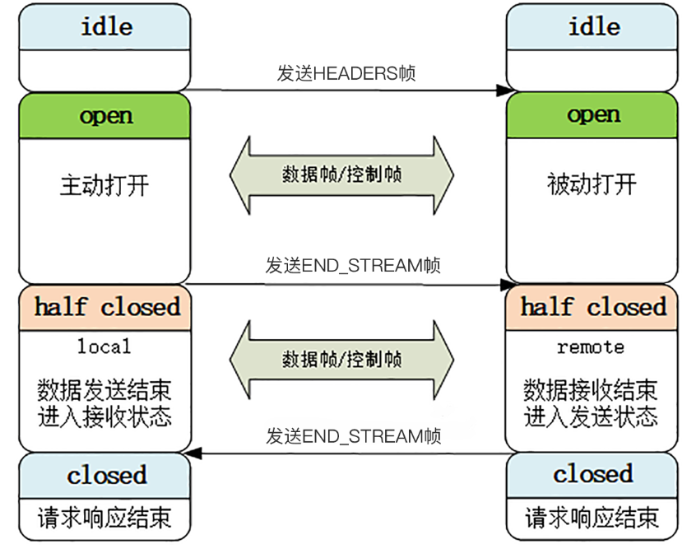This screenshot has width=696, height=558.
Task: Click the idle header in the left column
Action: (x=105, y=26)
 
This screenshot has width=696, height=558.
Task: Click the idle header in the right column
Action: (x=592, y=26)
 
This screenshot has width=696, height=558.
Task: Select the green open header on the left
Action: (x=105, y=115)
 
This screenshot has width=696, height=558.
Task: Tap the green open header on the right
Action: (x=592, y=115)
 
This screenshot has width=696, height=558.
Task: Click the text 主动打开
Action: (x=104, y=184)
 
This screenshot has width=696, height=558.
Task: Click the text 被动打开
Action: (x=592, y=184)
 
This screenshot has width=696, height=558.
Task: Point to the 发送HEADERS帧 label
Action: (x=346, y=73)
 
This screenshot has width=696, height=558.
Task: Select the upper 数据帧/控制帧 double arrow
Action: (x=341, y=174)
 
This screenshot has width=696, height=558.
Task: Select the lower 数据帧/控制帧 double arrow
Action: (x=341, y=360)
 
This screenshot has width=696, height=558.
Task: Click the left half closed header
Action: (x=105, y=307)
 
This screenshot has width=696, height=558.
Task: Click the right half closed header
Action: (x=592, y=307)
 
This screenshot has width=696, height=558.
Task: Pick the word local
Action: (x=104, y=347)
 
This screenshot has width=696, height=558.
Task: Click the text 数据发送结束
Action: (x=104, y=388)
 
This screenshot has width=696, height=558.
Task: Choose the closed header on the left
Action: (x=105, y=475)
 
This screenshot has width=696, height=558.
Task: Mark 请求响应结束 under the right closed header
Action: (x=592, y=518)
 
